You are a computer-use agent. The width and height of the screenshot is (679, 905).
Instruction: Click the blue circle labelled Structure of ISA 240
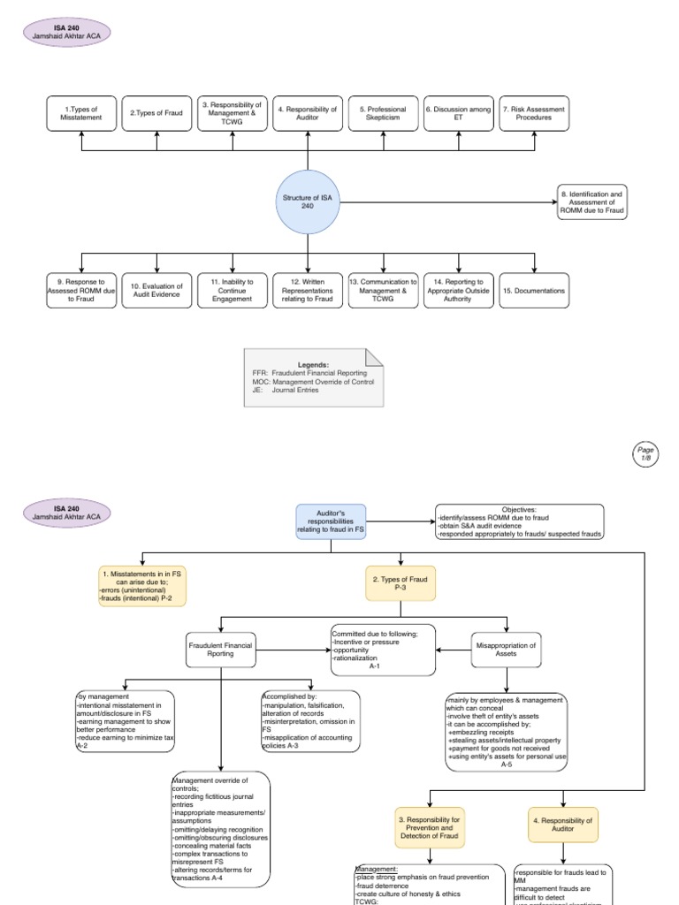(x=308, y=202)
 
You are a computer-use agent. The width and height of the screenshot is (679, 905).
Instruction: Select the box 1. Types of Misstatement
(x=81, y=114)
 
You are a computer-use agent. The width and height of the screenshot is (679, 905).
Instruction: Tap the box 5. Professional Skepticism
(x=384, y=114)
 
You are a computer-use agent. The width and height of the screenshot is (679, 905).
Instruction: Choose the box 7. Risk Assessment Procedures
(x=534, y=114)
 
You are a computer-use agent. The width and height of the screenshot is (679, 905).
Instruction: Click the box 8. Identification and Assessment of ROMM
(x=591, y=202)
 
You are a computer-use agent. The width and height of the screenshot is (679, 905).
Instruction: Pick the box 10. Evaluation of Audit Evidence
(x=157, y=291)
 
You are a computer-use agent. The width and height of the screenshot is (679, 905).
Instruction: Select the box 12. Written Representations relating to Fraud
(x=308, y=291)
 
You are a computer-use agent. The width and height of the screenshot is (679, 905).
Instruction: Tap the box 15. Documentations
(x=534, y=291)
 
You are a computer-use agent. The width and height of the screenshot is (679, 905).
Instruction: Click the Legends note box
(x=314, y=377)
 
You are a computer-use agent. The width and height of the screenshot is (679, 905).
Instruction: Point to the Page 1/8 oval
(x=645, y=453)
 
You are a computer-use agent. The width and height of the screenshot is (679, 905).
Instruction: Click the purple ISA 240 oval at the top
(x=67, y=32)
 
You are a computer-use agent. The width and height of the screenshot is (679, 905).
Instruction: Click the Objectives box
(x=519, y=521)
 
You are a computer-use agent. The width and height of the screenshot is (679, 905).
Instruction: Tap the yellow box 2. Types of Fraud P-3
(x=401, y=584)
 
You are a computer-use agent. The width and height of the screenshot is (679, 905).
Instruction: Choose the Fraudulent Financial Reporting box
(x=219, y=650)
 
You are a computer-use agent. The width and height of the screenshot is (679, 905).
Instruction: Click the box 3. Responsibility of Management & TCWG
(x=233, y=114)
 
